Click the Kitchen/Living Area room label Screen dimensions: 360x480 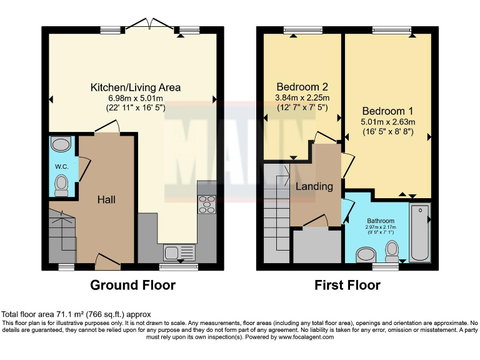(x=136, y=87)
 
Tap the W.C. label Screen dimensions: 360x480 (x=61, y=166)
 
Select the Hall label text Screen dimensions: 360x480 (x=106, y=199)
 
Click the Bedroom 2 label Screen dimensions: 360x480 (x=302, y=87)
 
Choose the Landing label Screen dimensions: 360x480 (x=314, y=186)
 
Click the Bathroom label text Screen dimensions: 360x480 (x=381, y=221)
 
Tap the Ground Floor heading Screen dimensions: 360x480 (x=132, y=286)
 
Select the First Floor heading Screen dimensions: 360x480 (x=348, y=286)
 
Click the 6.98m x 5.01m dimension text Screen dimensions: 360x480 (x=136, y=98)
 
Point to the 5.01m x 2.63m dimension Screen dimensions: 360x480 (x=387, y=122)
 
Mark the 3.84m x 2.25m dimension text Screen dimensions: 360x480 (x=302, y=97)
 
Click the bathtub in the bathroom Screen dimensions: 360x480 (x=419, y=232)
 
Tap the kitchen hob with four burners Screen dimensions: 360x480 (x=206, y=204)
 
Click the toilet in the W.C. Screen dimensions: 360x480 (x=61, y=184)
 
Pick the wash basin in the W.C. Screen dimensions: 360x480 (x=61, y=145)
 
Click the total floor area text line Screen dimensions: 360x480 (x=76, y=314)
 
